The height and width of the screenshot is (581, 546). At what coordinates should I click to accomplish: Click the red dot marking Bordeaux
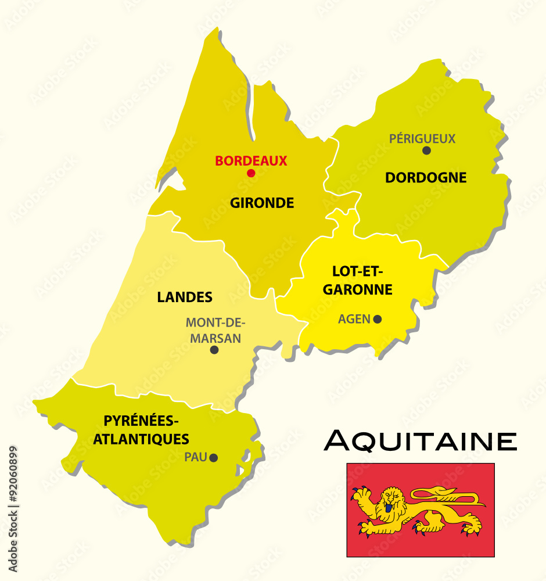pos(251,173)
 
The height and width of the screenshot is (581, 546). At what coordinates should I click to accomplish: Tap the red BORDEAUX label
pos(251,161)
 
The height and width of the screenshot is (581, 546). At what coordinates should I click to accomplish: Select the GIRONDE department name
pos(262,203)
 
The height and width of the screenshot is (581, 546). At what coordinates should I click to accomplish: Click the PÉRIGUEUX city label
pos(422,138)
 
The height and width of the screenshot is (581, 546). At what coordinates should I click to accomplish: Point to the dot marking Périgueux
pos(426,150)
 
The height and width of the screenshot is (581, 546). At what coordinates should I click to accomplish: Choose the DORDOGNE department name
pos(426,178)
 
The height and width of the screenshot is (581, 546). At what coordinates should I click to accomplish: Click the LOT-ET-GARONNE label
pos(358,280)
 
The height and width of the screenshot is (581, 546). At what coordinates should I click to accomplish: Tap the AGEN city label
pos(354,319)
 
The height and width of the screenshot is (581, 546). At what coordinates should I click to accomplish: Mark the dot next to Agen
pos(378,319)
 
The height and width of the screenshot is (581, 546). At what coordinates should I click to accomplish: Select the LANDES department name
pos(185,297)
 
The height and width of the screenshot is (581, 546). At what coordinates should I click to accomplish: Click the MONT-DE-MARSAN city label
pos(215,330)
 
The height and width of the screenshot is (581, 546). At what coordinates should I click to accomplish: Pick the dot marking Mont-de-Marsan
pos(214,350)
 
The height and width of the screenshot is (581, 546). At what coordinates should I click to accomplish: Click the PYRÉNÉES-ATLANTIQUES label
pos(141,429)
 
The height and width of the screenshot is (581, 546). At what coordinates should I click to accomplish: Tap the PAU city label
pos(196,457)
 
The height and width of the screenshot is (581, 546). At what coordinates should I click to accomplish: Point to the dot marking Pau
pos(214,458)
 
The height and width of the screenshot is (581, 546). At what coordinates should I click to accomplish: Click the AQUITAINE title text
pos(420,441)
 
